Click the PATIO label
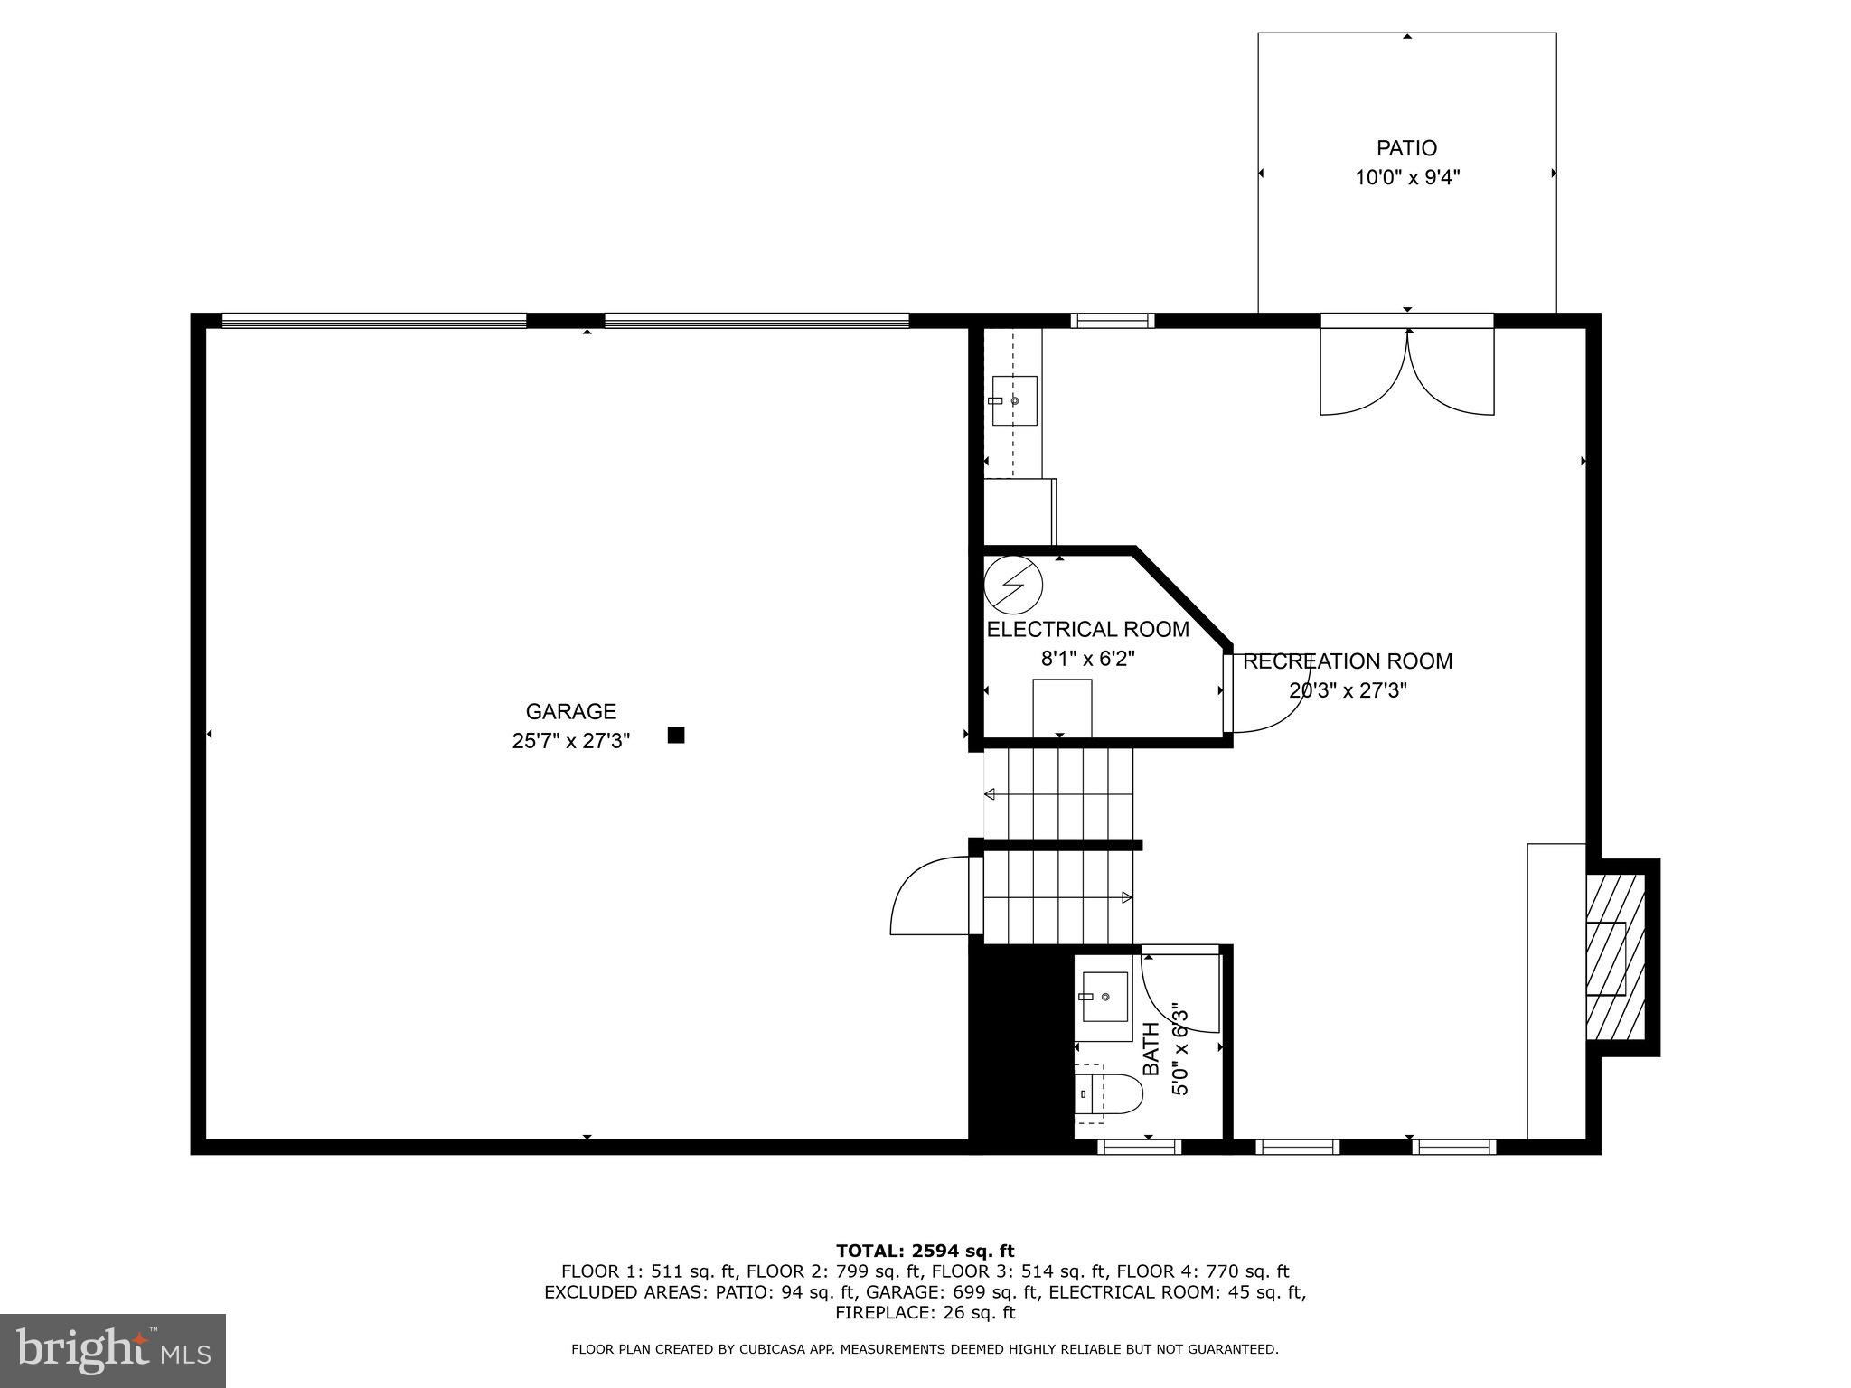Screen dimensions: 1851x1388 point(1406,148)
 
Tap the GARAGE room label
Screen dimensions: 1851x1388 point(571,712)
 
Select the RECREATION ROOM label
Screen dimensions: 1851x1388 point(1348,661)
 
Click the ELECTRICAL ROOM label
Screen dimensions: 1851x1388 point(1087,630)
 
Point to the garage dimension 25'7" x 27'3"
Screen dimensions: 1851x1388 point(571,742)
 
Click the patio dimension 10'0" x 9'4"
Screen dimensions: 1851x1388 point(1406,178)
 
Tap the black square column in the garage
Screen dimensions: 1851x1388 point(676,736)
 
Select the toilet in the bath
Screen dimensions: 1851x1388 point(1109,1093)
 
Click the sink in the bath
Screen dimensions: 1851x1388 point(1104,997)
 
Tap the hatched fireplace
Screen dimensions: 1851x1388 point(1616,957)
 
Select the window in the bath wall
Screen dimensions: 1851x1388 point(1139,1147)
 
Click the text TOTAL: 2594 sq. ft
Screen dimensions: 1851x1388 point(925,1252)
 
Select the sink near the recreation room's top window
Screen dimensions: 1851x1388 point(1013,400)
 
